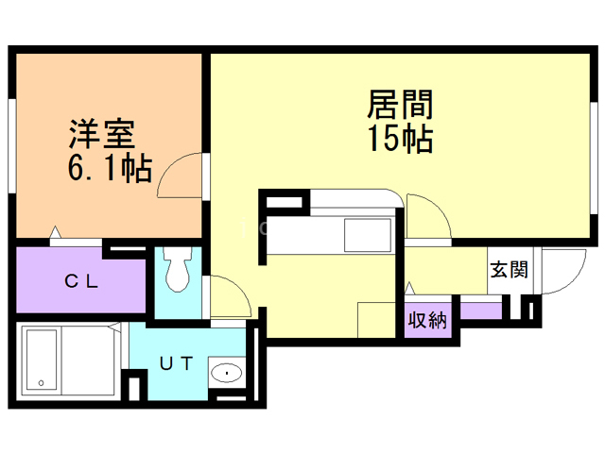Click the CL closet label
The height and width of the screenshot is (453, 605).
(82, 280)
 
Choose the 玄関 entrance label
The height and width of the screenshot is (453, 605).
(509, 270)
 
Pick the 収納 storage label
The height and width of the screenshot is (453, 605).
(426, 320)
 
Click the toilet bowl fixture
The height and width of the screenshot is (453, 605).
(176, 273)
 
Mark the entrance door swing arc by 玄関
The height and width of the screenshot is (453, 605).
(558, 274)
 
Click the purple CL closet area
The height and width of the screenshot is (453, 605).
(82, 280)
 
